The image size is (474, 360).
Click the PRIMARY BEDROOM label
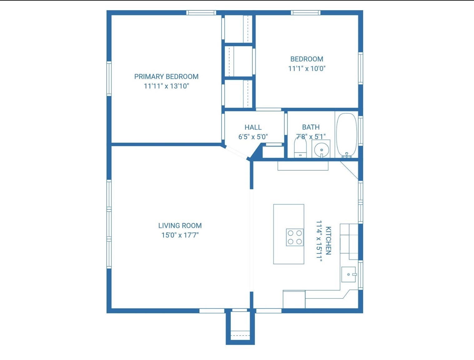(x=166, y=76)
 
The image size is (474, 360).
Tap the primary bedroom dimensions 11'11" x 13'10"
(x=166, y=86)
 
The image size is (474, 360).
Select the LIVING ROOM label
(x=180, y=226)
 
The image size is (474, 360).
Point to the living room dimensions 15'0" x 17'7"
(x=180, y=235)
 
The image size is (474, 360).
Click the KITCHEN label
(x=328, y=241)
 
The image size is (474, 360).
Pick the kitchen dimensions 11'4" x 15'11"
(x=319, y=241)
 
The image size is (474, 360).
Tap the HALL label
(x=253, y=127)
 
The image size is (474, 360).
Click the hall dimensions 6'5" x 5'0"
(x=253, y=137)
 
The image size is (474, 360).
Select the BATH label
(x=311, y=127)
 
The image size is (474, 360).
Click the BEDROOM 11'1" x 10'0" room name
(x=307, y=59)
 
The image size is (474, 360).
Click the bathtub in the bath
(x=346, y=135)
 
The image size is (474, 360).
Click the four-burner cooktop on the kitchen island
(x=295, y=237)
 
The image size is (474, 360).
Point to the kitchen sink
(x=348, y=275)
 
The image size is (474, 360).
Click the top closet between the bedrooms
(x=239, y=28)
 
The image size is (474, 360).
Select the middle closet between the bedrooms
(x=239, y=61)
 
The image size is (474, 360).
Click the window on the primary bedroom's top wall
(x=201, y=13)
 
